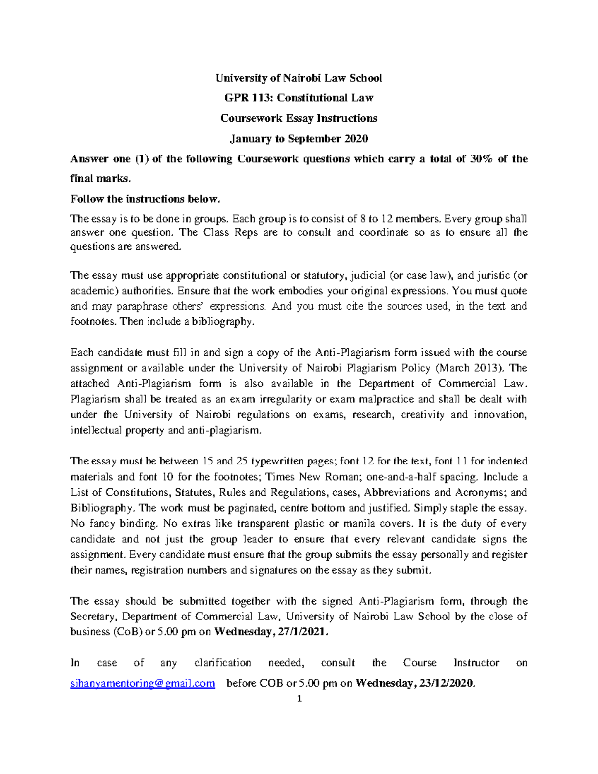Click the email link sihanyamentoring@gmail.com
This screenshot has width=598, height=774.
[143, 683]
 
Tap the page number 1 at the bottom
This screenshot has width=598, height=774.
[299, 698]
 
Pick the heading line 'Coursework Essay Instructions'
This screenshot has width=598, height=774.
[299, 118]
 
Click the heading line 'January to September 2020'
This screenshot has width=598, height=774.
[299, 139]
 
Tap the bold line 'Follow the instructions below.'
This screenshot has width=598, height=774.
[145, 199]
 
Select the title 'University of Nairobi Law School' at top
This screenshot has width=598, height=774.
[299, 78]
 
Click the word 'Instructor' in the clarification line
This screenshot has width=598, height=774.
[476, 663]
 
